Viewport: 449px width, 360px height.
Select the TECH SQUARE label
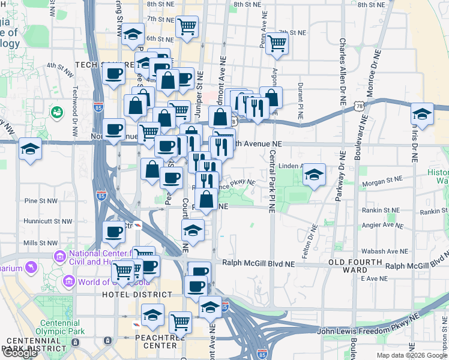click(x=99, y=64)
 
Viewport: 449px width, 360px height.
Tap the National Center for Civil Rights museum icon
click(x=59, y=257)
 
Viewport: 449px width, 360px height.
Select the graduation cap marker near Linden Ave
click(x=314, y=175)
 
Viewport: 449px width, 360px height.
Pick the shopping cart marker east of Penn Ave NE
click(x=277, y=43)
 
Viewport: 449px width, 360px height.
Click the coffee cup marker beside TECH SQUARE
click(x=113, y=75)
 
